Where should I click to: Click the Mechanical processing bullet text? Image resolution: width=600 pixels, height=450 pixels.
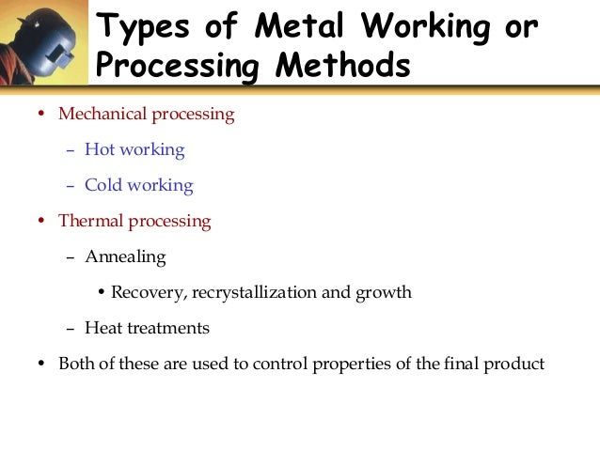[146, 115]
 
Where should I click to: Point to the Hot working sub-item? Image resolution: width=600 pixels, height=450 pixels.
[134, 149]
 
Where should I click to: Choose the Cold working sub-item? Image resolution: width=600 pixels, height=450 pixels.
[138, 185]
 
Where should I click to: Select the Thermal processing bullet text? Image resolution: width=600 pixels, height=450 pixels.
[134, 222]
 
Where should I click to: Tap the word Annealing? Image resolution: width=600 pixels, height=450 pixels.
[125, 256]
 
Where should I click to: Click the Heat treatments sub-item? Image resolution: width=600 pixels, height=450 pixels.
[147, 328]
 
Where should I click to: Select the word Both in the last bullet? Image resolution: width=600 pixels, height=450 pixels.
[76, 364]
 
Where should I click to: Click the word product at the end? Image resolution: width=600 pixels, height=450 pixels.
[515, 364]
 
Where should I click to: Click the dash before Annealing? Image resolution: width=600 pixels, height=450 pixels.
[71, 256]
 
